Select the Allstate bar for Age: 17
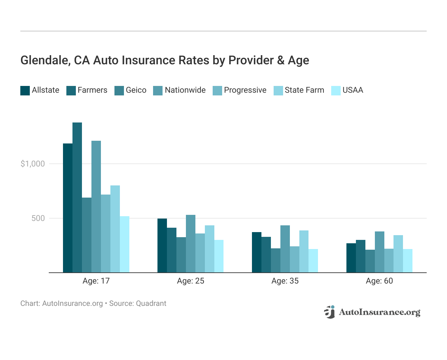pyautogui.click(x=68, y=208)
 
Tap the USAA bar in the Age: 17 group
pyautogui.click(x=125, y=244)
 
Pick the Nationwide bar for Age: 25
pyautogui.click(x=191, y=244)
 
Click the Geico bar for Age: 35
pyautogui.click(x=276, y=260)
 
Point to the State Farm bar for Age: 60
pyautogui.click(x=398, y=254)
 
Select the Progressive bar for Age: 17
pyautogui.click(x=106, y=233)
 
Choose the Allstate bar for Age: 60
pyautogui.click(x=351, y=258)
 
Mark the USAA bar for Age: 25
pyautogui.click(x=219, y=256)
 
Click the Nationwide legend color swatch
pyautogui.click(x=158, y=91)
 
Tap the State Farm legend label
pyautogui.click(x=304, y=90)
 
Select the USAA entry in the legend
pyautogui.click(x=353, y=90)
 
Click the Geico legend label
pyautogui.click(x=136, y=90)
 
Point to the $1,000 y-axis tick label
pyautogui.click(x=33, y=164)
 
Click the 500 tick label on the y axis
pyautogui.click(x=38, y=218)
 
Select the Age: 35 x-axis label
pyautogui.click(x=285, y=281)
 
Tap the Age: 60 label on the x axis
pyautogui.click(x=379, y=281)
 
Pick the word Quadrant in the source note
pyautogui.click(x=151, y=303)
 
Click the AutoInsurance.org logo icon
pyautogui.click(x=329, y=312)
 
